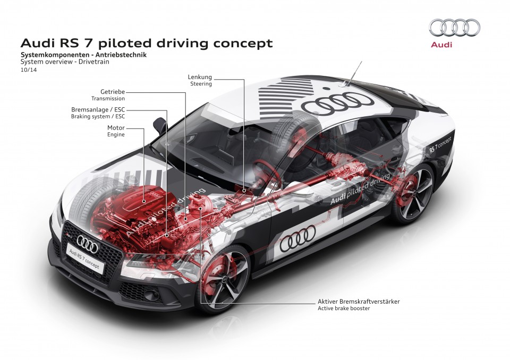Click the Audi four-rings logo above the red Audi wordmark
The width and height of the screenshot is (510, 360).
[454, 27]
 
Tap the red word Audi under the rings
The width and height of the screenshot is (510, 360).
[441, 44]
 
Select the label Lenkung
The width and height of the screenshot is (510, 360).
[200, 77]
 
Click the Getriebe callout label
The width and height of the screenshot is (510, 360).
[113, 92]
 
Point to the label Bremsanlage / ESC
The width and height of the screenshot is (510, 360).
[98, 110]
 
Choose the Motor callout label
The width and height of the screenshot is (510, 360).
[116, 128]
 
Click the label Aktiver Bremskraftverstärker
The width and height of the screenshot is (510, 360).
[359, 302]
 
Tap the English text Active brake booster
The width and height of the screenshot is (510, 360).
[344, 308]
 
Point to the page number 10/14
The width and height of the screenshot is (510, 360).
[29, 70]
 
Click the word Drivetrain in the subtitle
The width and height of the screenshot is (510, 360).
[94, 62]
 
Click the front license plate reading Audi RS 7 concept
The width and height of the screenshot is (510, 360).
[85, 259]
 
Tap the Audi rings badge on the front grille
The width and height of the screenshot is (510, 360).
[87, 243]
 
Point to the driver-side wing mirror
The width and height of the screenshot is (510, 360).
[160, 125]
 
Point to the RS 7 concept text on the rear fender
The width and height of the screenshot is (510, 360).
[440, 145]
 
